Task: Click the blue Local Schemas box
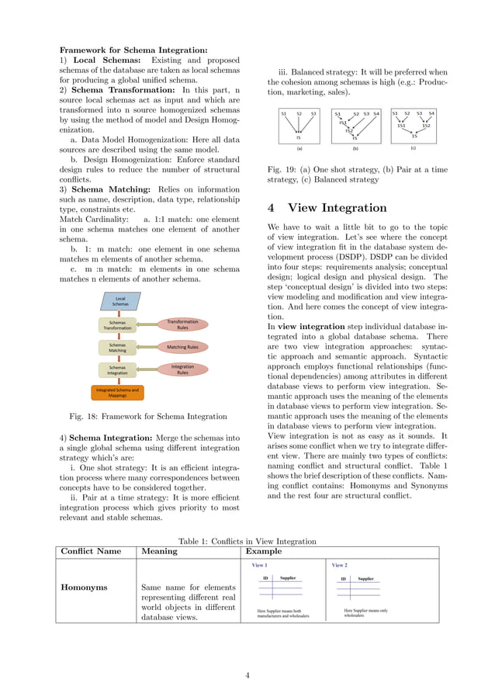tap(120, 302)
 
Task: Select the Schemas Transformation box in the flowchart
tap(119, 325)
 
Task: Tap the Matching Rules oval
tap(182, 347)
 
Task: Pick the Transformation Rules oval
tap(182, 324)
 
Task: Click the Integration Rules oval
tap(182, 369)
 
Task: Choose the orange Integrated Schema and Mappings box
tap(117, 392)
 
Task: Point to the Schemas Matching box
tap(118, 348)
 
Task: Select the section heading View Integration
tap(327, 208)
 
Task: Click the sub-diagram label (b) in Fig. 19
tap(355, 147)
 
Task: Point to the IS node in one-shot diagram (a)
tap(299, 137)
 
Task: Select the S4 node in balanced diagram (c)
tap(431, 113)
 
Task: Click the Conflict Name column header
tap(91, 551)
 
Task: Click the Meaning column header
tap(159, 551)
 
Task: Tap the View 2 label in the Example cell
tap(339, 565)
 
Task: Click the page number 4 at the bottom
tap(247, 676)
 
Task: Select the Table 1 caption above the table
tap(247, 541)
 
